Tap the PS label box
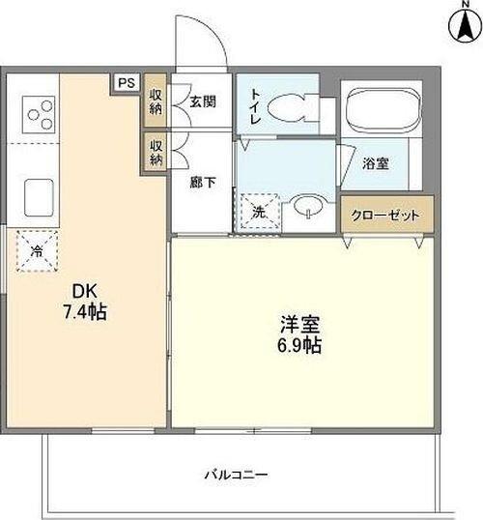point(126,83)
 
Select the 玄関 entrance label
point(203,101)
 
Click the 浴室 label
point(376,163)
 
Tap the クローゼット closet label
point(384,215)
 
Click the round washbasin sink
point(307,206)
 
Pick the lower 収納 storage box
point(156,153)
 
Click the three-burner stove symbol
point(40,114)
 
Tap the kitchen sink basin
point(38,199)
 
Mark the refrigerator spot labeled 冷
point(36,251)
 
